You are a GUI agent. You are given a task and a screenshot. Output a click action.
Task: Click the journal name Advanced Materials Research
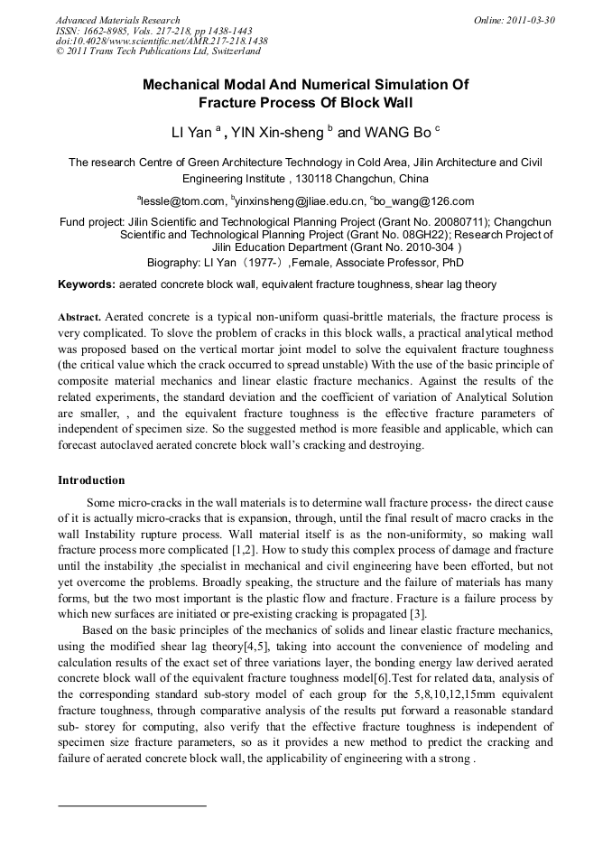[x=117, y=20]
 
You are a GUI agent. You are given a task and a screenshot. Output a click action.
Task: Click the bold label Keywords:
[x=87, y=284]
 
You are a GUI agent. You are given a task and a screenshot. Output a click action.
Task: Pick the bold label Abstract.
[x=79, y=318]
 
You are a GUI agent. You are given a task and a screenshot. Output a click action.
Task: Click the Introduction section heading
[x=91, y=480]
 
